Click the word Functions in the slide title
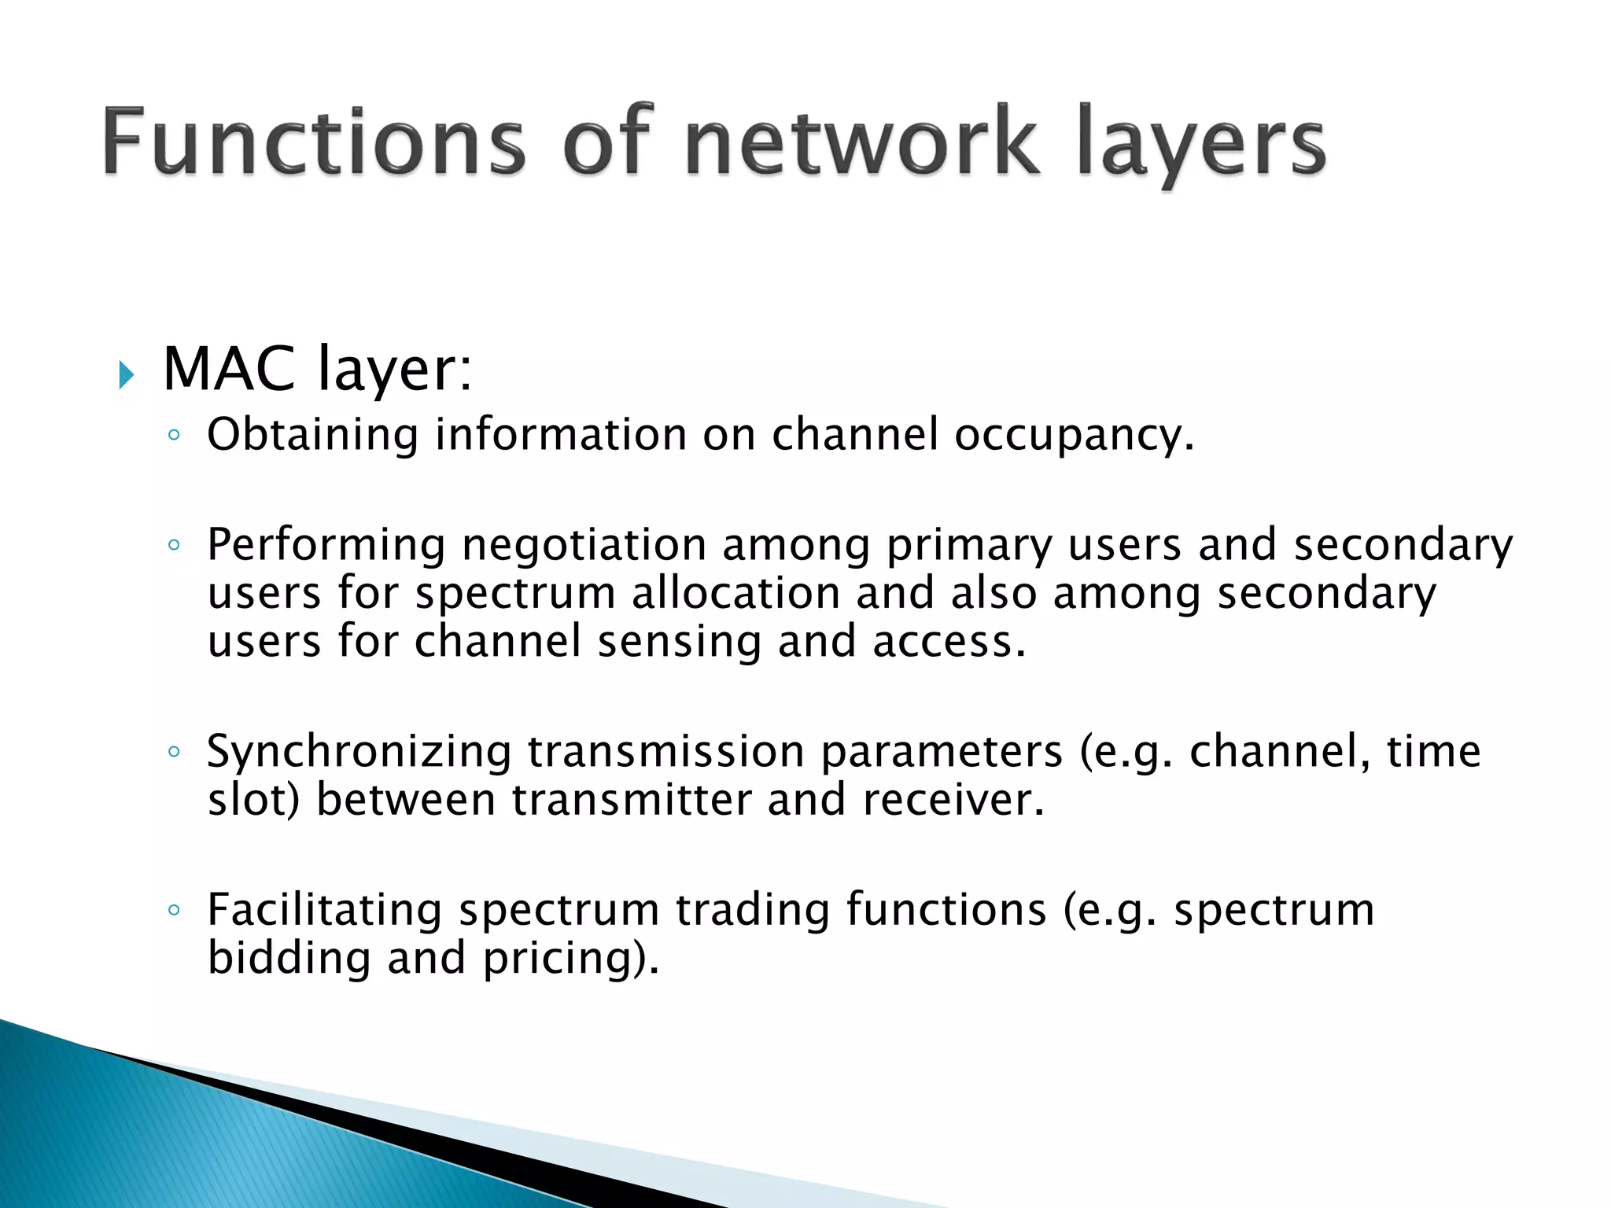coord(313,142)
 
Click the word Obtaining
coord(312,435)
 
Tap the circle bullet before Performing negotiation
coord(174,544)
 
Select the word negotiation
coord(584,545)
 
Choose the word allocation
coord(735,593)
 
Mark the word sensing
coord(680,642)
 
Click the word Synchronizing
coord(359,751)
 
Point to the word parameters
coord(942,751)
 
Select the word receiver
coord(953,800)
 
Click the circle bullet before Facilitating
coord(174,910)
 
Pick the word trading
coord(753,910)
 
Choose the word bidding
coord(289,959)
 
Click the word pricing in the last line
coord(561,959)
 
